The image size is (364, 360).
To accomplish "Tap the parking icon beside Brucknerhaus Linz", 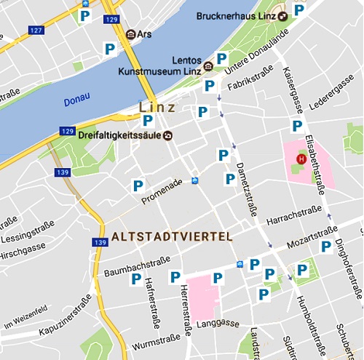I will pos(298,10).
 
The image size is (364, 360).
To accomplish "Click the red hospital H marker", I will pos(299,159).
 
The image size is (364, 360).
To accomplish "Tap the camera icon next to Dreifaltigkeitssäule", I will pos(169,135).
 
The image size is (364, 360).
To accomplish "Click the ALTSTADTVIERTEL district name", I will pos(172,237).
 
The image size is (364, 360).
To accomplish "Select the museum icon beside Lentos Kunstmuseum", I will pos(208,65).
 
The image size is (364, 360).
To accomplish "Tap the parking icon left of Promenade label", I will pos(138,185).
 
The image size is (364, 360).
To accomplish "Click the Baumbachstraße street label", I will pos(138,265).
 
